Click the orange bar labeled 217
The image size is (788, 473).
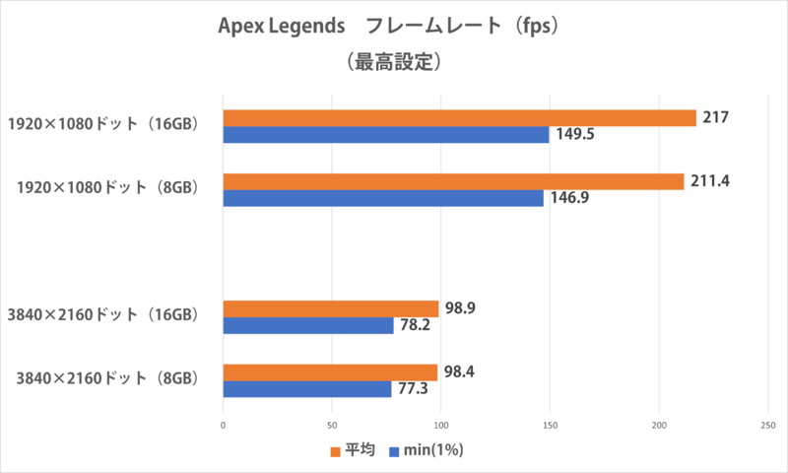[459, 118]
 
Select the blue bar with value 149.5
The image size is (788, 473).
[386, 136]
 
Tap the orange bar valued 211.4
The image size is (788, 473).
[453, 181]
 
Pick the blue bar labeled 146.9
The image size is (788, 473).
[383, 199]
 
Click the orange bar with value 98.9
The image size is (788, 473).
[331, 308]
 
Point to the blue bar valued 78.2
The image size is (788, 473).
[308, 326]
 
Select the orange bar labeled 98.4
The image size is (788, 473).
[330, 372]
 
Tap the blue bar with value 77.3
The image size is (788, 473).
[307, 389]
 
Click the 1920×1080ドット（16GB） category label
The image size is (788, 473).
[104, 125]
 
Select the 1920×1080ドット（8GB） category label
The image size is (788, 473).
[109, 189]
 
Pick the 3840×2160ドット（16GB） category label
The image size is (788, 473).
[104, 316]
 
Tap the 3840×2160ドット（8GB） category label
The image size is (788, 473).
[109, 380]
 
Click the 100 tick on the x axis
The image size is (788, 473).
[441, 425]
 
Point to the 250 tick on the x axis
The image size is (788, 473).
[767, 425]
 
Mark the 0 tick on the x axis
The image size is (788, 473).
[224, 425]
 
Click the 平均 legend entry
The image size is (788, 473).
[353, 451]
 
